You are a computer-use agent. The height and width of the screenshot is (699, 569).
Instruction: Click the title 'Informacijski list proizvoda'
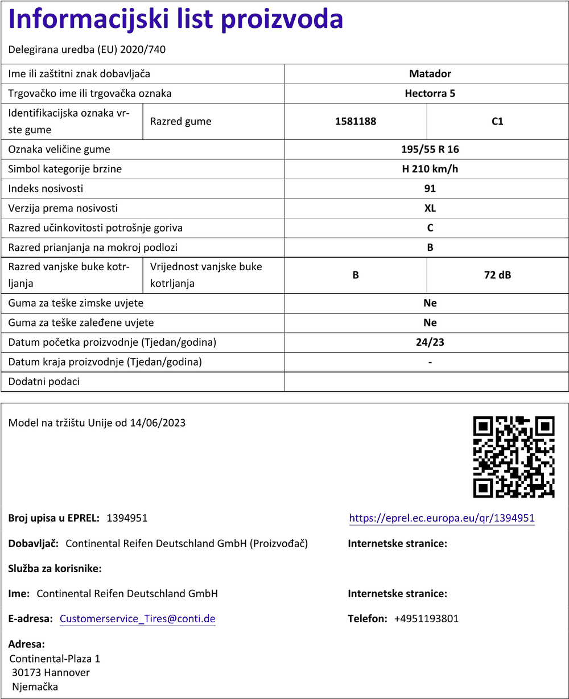point(176,20)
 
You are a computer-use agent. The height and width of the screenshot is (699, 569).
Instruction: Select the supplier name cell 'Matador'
point(430,74)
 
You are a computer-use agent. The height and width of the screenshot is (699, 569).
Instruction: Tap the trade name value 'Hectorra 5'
point(430,93)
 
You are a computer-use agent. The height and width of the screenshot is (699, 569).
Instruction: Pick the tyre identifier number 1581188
point(356,121)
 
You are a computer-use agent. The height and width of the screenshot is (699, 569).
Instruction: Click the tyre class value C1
point(497,121)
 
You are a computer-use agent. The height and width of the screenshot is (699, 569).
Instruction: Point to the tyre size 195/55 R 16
point(430,150)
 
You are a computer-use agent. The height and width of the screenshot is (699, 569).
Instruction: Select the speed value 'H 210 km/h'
point(430,169)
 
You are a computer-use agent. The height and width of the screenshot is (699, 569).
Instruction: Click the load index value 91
point(430,189)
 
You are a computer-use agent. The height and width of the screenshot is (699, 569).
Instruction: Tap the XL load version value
point(430,208)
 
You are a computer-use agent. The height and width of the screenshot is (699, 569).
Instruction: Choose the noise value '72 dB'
point(497,275)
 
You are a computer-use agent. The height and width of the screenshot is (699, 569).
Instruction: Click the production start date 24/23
point(430,342)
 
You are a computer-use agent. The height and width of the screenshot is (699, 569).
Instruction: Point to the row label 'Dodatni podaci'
point(44,382)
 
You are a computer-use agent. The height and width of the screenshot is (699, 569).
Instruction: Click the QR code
point(513,457)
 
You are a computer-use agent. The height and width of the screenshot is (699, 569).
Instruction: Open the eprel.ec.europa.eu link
point(442,518)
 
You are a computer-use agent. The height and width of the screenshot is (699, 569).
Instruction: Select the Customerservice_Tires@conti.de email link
point(137,619)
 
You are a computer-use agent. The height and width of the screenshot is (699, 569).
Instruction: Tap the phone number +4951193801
point(426,619)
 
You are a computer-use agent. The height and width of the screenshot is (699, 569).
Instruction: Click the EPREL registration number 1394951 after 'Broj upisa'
point(127,518)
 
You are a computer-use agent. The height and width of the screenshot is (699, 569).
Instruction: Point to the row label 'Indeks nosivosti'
point(46,189)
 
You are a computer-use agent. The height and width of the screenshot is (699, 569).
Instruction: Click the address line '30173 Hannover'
point(51,673)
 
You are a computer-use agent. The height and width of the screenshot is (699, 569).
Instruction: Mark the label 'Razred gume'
point(180,121)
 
